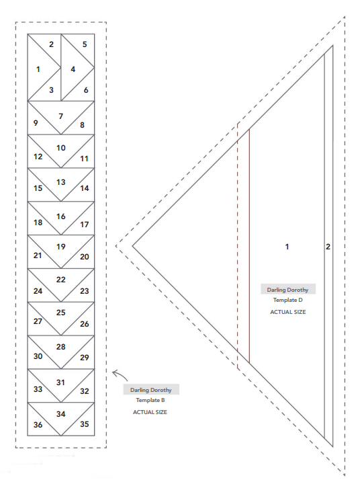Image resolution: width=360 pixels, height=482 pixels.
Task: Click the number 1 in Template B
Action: click(38, 69)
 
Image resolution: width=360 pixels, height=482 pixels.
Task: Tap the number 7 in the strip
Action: click(61, 116)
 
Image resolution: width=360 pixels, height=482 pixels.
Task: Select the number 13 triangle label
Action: click(61, 182)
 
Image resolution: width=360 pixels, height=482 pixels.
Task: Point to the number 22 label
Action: click(61, 280)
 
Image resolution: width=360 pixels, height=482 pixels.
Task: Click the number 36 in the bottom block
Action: click(38, 425)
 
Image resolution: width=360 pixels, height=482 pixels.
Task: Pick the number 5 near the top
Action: click(85, 44)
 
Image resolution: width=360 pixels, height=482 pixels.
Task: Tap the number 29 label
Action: click(85, 358)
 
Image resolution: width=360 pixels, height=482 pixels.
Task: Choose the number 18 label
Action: click(38, 223)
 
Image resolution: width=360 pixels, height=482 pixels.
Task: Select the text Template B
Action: click(150, 400)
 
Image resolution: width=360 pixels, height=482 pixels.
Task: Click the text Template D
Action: click(288, 300)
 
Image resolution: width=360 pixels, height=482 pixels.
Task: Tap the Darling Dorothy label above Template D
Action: click(287, 290)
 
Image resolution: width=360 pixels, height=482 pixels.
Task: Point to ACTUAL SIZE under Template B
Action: click(150, 412)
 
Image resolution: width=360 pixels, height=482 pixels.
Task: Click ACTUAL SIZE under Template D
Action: click(288, 312)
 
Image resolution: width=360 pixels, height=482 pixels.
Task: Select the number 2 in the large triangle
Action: click(328, 247)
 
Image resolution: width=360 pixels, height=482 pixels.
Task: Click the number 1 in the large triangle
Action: click(287, 247)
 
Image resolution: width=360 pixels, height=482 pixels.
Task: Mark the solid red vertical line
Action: click(249, 246)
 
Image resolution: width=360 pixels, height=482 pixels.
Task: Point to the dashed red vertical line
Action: click(238, 246)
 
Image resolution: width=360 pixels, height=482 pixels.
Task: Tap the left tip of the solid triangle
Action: click(133, 246)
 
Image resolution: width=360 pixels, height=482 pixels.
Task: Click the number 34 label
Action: click(61, 414)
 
